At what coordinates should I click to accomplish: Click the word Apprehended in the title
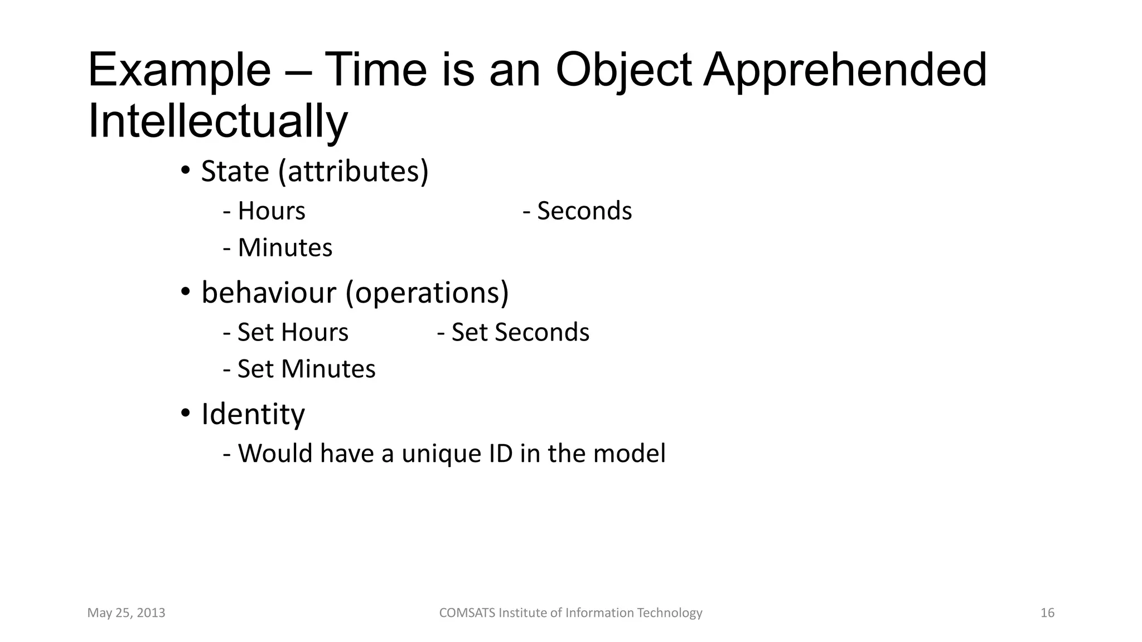coord(845,71)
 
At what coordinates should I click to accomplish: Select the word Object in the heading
coord(623,71)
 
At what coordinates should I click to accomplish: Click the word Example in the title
coord(179,71)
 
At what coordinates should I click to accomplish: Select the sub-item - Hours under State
coord(264,211)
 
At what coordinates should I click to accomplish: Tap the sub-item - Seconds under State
coord(578,211)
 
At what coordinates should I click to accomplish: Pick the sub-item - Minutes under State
coord(278,248)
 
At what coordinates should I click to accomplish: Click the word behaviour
coord(268,292)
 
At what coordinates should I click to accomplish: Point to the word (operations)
coord(427,293)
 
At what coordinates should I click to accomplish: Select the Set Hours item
coord(285,333)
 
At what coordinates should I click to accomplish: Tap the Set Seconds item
coord(514,333)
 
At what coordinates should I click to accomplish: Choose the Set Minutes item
coord(299,369)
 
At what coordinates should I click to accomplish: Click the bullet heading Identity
coord(253,414)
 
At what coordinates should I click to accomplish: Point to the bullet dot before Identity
coord(186,414)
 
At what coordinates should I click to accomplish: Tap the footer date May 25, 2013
coord(126,613)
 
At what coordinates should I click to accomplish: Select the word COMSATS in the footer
coord(467,613)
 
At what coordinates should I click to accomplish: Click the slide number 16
coord(1047,613)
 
